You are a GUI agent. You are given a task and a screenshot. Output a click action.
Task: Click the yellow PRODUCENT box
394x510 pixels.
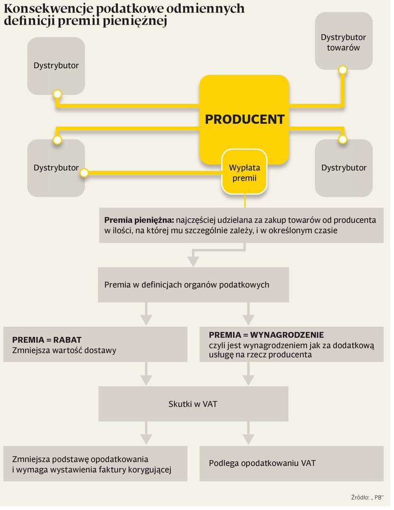click(x=244, y=119)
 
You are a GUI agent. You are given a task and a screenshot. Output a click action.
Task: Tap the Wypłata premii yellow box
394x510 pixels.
click(x=244, y=173)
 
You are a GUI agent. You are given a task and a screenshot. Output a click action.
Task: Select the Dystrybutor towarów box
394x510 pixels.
click(x=343, y=42)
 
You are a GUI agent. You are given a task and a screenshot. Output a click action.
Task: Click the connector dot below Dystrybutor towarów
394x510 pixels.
click(x=342, y=70)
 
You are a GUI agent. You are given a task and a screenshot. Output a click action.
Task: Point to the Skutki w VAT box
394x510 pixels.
click(x=193, y=404)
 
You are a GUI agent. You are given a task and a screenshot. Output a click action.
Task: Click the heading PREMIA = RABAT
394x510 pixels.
click(x=47, y=340)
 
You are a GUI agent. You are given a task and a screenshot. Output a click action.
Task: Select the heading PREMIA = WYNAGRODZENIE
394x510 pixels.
click(x=266, y=335)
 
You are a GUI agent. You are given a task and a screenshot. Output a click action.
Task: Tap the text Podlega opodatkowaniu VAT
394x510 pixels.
click(x=262, y=463)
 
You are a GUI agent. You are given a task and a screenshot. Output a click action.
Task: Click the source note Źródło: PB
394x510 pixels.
click(x=367, y=497)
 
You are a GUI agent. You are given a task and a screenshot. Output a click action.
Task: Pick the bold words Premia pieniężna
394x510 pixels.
click(x=139, y=220)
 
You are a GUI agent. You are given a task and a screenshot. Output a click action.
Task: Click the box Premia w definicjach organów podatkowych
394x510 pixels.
click(x=193, y=285)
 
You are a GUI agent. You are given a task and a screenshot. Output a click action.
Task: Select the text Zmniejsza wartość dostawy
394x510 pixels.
click(x=64, y=351)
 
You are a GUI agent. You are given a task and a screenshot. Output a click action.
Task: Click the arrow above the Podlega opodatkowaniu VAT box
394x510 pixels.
click(x=248, y=437)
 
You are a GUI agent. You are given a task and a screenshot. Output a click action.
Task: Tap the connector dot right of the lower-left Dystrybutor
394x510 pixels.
click(x=84, y=173)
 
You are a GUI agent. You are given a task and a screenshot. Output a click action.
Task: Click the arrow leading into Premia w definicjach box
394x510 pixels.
click(x=193, y=260)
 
